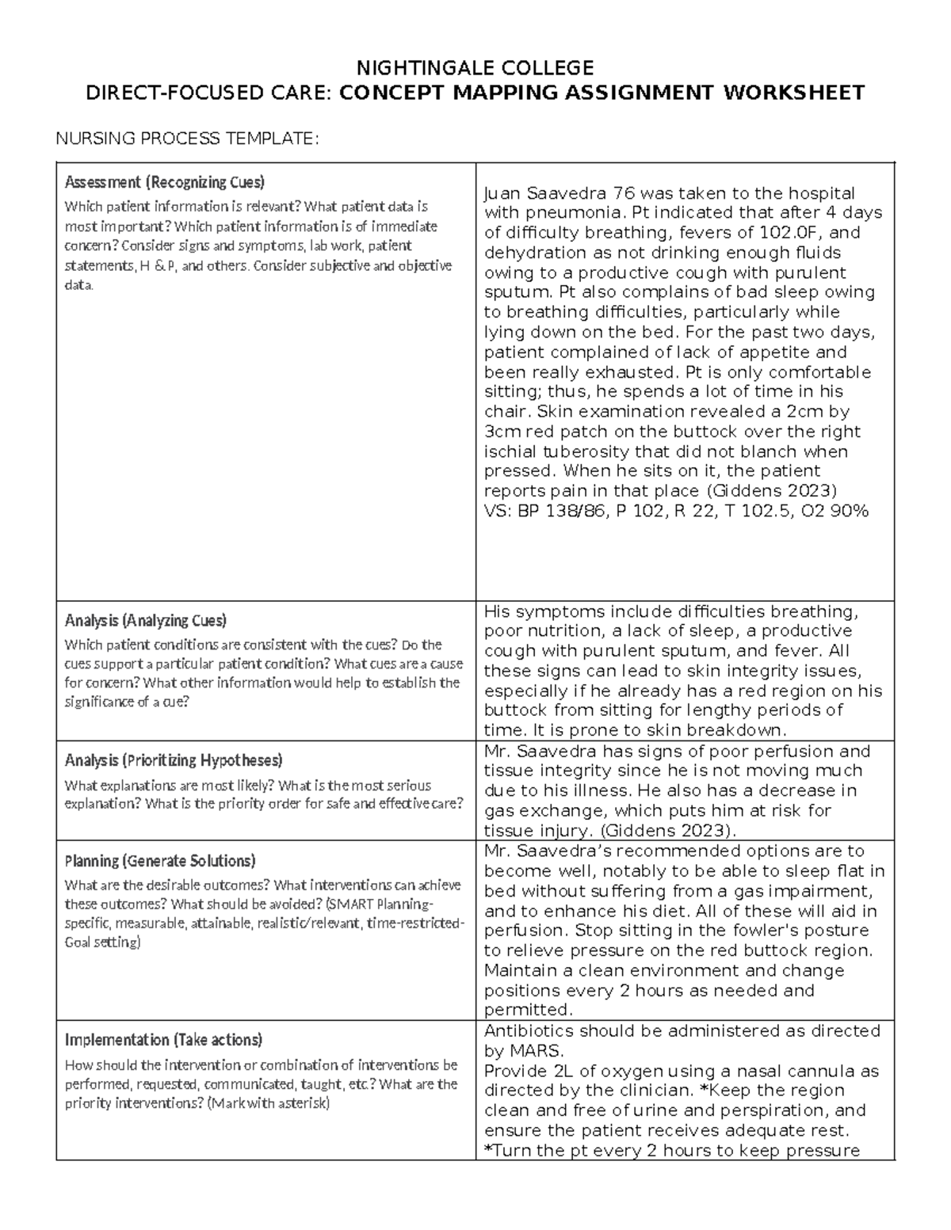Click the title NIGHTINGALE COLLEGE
coord(475,67)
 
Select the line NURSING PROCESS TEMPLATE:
coord(186,139)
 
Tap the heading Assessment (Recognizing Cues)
coord(164,182)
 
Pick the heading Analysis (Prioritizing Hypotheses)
coord(173,760)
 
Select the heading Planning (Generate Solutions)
coord(160,860)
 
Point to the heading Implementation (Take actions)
coord(163,1039)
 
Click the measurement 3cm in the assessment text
coord(501,432)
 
